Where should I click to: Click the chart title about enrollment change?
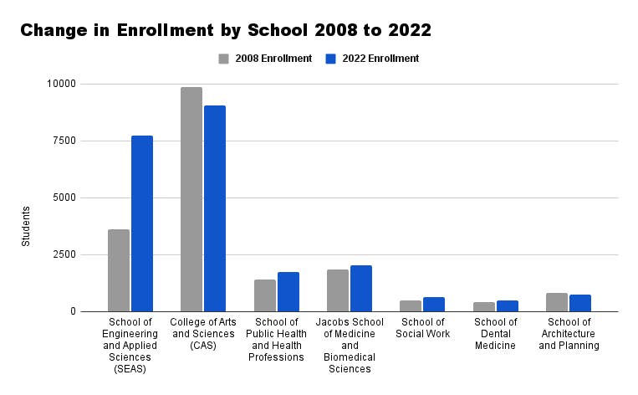coord(226,31)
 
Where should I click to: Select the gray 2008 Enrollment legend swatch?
coord(224,59)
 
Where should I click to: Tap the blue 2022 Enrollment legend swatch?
coord(329,59)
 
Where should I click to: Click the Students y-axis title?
coord(26,226)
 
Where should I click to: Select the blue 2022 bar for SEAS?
coord(142,223)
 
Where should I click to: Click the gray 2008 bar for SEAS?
coord(119,270)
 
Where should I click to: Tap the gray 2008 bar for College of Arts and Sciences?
coord(191,199)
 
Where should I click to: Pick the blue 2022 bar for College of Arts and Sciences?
coord(215,208)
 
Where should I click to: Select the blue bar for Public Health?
coord(288,291)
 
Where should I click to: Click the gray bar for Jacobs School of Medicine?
coord(338,290)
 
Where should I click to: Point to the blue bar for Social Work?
coord(434,305)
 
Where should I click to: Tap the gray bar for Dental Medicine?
coord(484,306)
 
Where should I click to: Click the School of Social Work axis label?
coord(423,328)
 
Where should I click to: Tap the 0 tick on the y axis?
coord(72,311)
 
